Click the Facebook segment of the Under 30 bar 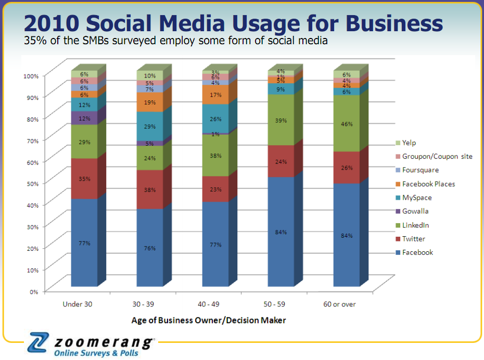click(84, 242)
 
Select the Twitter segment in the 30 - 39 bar click(150, 189)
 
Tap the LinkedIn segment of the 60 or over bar click(347, 124)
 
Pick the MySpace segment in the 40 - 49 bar click(215, 119)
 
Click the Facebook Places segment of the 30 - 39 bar click(150, 102)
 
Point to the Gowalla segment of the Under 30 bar click(84, 119)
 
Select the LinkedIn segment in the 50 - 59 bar click(281, 120)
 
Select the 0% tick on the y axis click(33, 291)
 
